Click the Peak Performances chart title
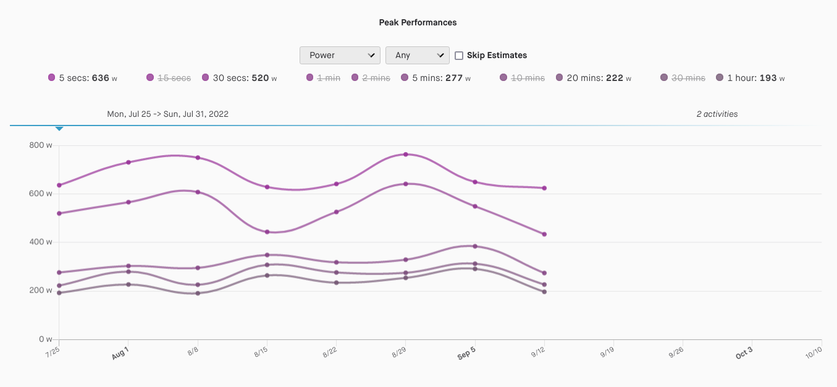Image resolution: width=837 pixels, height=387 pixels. tap(418, 22)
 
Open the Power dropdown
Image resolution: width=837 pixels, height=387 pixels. tap(340, 55)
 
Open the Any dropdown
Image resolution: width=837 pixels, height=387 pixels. tap(417, 55)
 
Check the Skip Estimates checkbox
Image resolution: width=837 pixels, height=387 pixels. tap(459, 55)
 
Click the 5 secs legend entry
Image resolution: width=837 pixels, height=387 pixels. tap(83, 78)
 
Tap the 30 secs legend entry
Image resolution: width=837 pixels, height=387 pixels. tap(239, 78)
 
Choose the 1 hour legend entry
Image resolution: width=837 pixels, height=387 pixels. tap(750, 78)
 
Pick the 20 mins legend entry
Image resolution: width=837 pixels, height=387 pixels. tap(592, 78)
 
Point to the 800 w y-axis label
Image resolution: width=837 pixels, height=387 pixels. tap(41, 145)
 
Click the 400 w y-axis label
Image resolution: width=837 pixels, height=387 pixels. tap(41, 242)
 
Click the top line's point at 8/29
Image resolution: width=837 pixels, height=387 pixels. tap(405, 154)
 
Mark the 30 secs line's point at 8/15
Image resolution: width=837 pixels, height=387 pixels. tap(267, 232)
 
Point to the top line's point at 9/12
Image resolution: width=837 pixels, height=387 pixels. tap(544, 188)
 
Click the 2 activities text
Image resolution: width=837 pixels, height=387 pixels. tap(717, 114)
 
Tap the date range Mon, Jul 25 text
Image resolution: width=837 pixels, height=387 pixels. tap(168, 114)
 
